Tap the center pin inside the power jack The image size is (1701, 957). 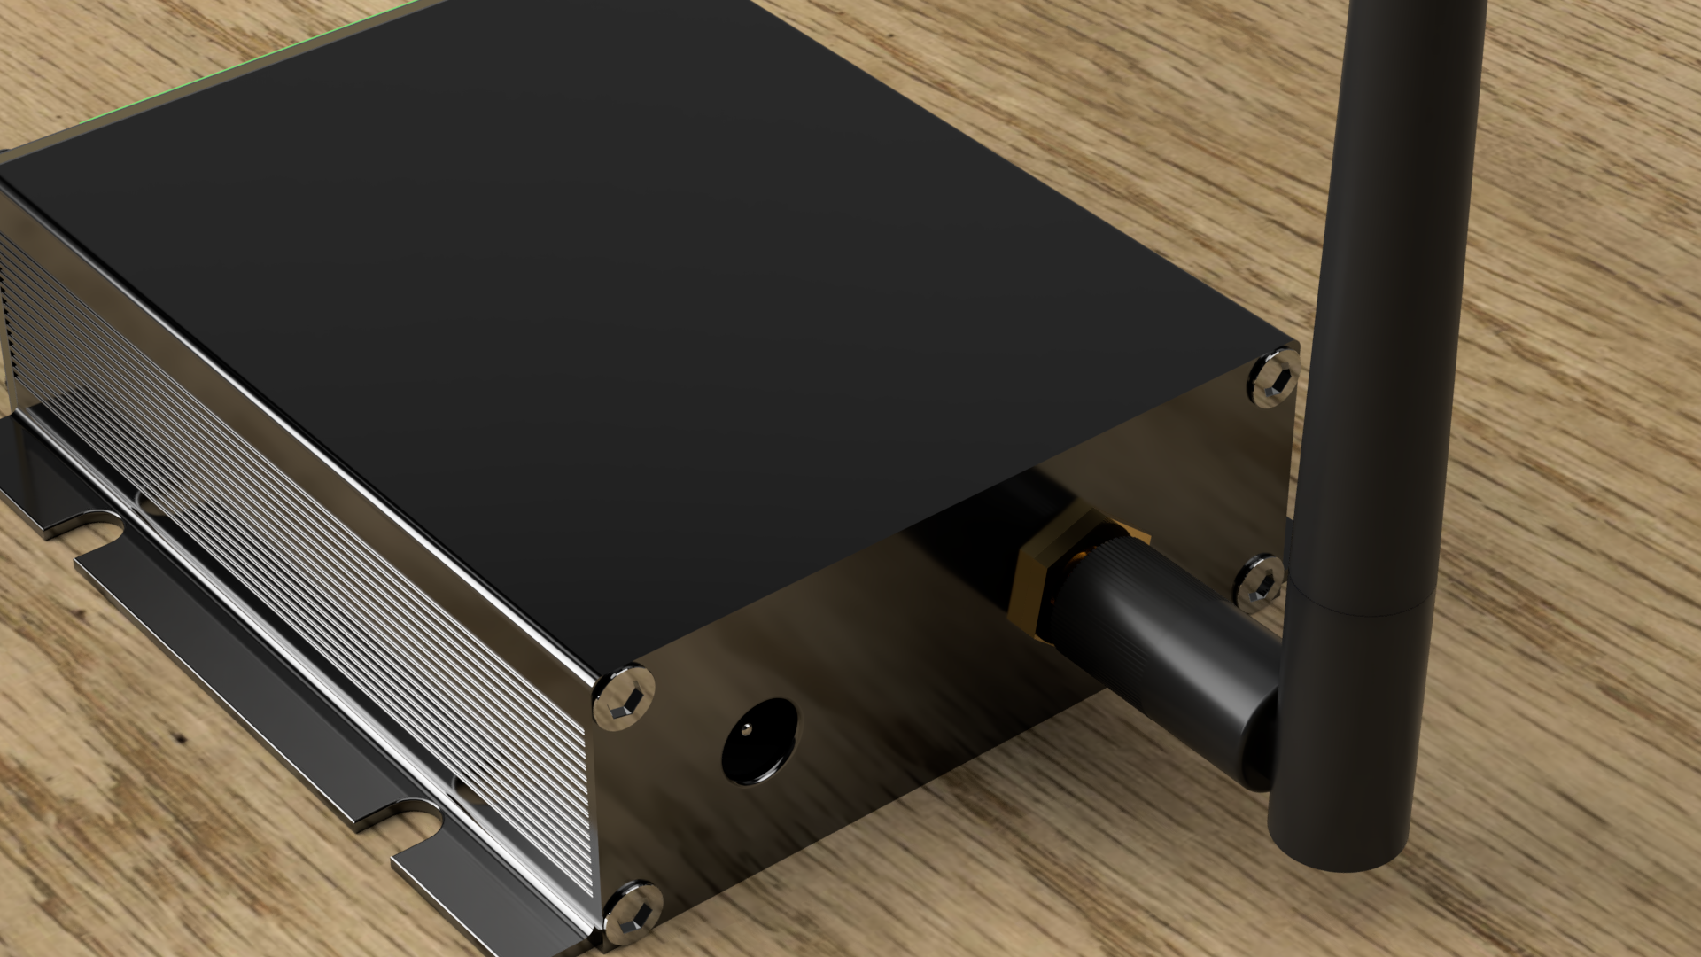(746, 729)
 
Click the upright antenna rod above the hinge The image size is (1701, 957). (1400, 266)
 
